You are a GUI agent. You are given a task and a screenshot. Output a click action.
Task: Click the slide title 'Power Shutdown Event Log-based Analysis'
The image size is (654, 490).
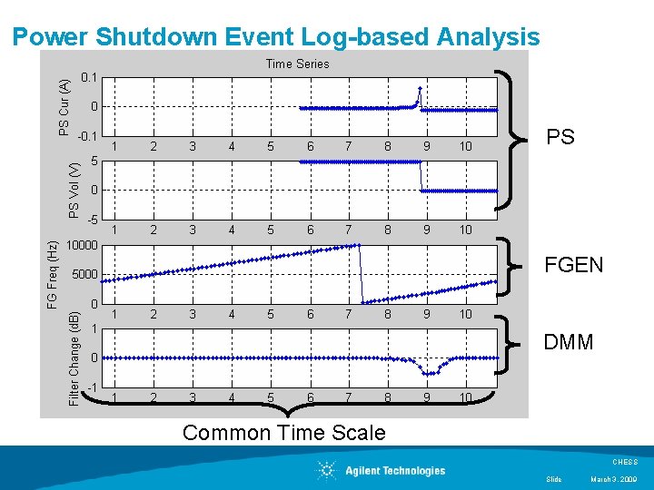(276, 37)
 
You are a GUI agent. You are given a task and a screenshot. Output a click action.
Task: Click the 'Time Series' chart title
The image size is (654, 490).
(297, 64)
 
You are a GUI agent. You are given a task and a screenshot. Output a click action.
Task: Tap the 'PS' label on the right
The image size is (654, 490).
(560, 138)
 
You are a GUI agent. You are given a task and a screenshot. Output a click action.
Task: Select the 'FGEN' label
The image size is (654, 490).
(572, 265)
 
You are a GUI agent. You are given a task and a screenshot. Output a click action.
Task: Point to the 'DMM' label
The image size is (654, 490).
(568, 342)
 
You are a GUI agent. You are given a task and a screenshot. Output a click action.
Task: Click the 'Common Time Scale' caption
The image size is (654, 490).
(283, 433)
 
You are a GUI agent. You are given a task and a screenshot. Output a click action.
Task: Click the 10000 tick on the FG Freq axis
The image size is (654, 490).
(86, 245)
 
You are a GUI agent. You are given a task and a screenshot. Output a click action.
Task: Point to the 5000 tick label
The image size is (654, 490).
(89, 274)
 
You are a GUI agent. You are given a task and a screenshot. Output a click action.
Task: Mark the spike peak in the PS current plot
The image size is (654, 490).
(419, 89)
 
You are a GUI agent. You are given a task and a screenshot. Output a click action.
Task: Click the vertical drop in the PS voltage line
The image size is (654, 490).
(421, 177)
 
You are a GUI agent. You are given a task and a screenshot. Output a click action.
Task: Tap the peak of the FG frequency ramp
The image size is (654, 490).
(360, 245)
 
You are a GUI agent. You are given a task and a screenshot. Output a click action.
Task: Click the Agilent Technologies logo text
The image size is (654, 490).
(395, 470)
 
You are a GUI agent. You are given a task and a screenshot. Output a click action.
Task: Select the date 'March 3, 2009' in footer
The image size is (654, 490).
(615, 479)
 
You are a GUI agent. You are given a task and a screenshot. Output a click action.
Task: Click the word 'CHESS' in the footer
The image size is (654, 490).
(626, 462)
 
